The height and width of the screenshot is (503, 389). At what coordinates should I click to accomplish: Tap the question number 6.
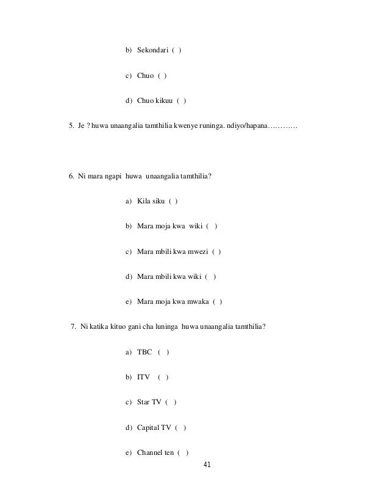[71, 177]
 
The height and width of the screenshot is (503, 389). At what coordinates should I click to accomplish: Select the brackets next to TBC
[163, 353]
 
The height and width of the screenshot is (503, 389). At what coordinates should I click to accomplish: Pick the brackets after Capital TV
[180, 427]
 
